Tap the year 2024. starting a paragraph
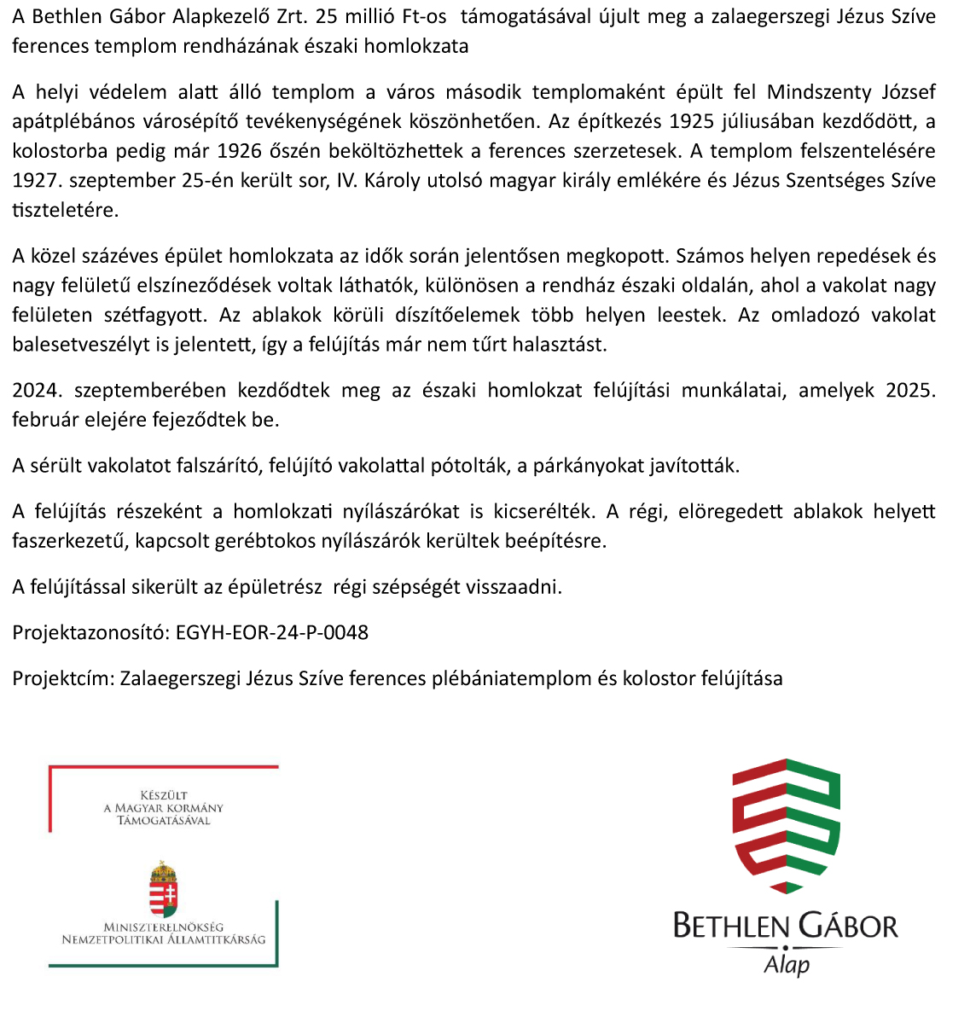click(x=37, y=391)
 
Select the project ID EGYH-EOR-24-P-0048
click(x=272, y=633)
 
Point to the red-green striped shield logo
click(x=786, y=825)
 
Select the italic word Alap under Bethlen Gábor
click(x=787, y=965)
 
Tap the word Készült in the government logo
click(x=164, y=795)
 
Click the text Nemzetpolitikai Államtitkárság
click(x=164, y=939)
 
